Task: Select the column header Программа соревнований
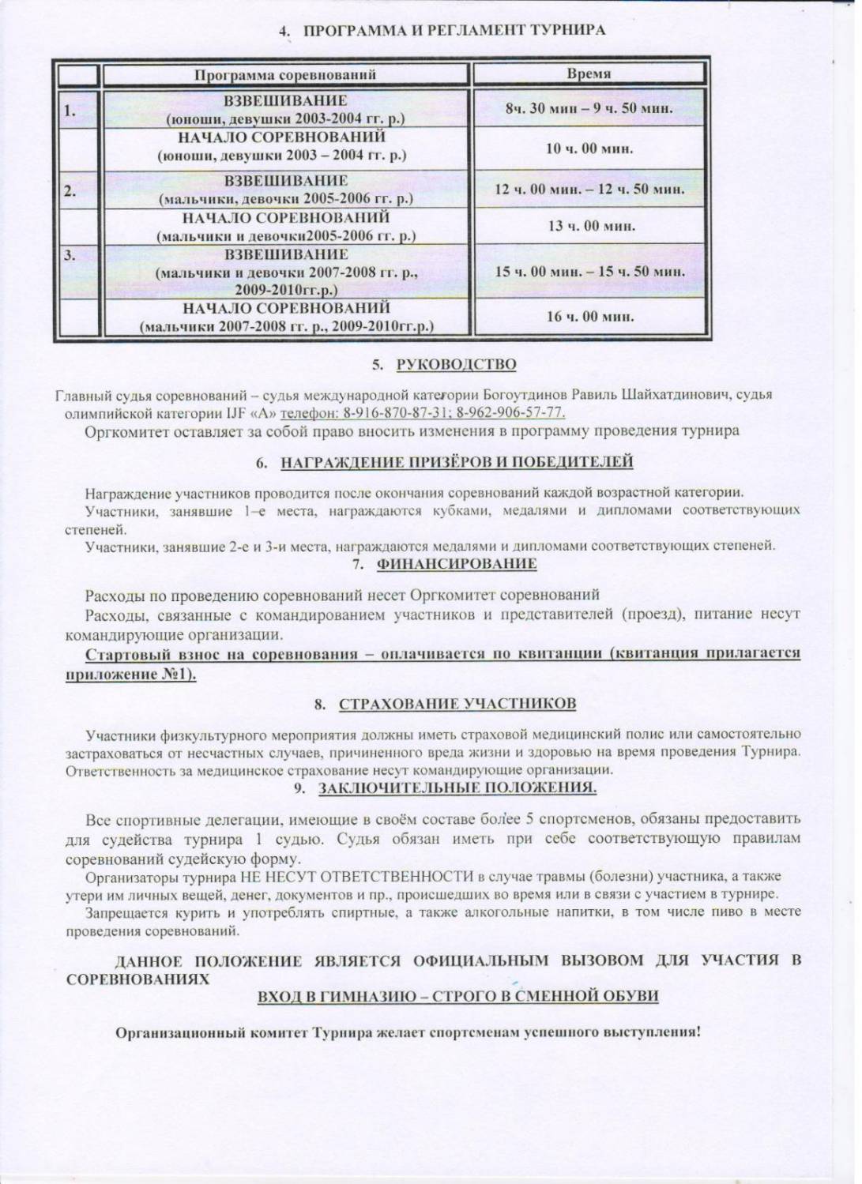pyautogui.click(x=285, y=75)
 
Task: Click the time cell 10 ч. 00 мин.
pyautogui.click(x=589, y=148)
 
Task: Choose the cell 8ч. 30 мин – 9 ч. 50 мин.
pyautogui.click(x=589, y=108)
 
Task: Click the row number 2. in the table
pyautogui.click(x=70, y=190)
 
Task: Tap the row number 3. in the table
pyautogui.click(x=70, y=254)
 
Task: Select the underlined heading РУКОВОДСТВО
pyautogui.click(x=456, y=364)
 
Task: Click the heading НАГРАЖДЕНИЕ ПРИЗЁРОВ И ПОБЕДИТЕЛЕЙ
pyautogui.click(x=457, y=461)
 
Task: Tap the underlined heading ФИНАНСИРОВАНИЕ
pyautogui.click(x=457, y=564)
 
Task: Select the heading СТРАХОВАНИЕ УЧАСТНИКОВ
pyautogui.click(x=457, y=704)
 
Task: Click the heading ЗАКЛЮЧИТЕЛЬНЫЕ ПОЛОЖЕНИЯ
pyautogui.click(x=457, y=787)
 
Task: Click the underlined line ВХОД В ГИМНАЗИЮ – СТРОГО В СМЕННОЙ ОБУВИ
pyautogui.click(x=458, y=996)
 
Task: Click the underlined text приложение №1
pyautogui.click(x=130, y=675)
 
